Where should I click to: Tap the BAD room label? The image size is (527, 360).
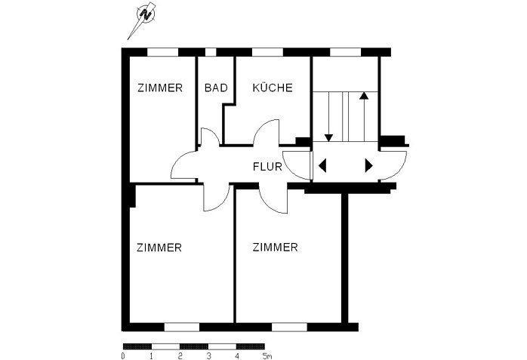(216, 88)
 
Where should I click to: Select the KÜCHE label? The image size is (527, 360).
(273, 88)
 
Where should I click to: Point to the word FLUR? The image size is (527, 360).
(267, 168)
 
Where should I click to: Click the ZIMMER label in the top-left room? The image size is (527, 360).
(160, 88)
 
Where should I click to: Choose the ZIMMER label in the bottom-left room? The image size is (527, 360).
(159, 247)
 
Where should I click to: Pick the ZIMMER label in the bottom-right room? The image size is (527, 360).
(276, 247)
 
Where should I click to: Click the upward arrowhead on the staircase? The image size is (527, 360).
(364, 97)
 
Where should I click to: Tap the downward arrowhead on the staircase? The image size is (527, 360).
(329, 137)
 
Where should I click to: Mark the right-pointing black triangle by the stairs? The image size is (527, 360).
(369, 166)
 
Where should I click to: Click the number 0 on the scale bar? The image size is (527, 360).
(123, 354)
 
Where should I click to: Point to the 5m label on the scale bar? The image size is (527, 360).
(265, 354)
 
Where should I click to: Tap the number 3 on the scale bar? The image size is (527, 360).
(208, 354)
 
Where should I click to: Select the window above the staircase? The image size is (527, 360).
(346, 51)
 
